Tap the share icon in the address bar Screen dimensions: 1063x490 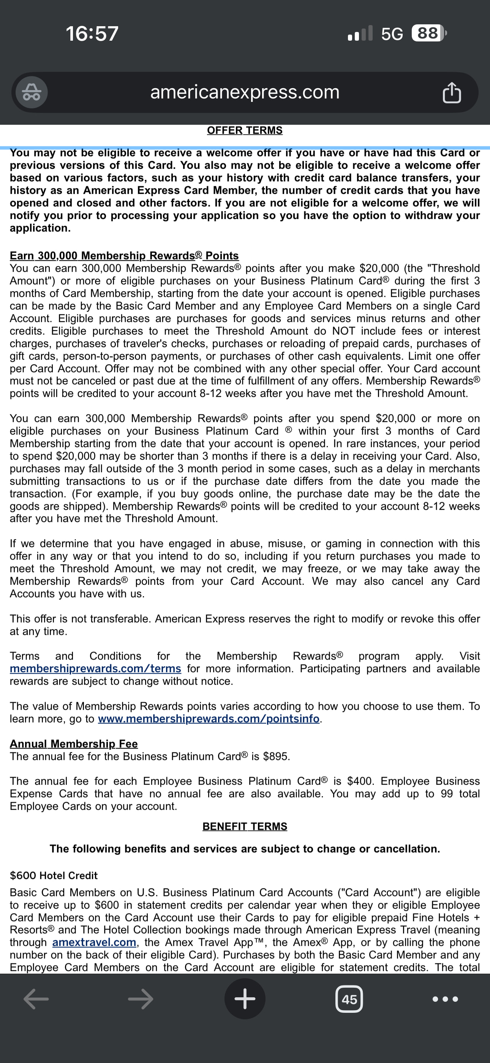pos(452,92)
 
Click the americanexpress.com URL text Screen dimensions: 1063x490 pos(245,92)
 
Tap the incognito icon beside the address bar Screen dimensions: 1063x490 pos(32,92)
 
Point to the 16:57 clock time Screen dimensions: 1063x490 pos(92,33)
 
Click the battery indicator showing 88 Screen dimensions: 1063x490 pos(428,33)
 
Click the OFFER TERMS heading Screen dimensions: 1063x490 pos(245,130)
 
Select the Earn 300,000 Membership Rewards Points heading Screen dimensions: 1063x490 pos(124,256)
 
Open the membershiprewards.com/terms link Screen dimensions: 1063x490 pos(95,668)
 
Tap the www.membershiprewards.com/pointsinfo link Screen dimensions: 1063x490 pos(209,719)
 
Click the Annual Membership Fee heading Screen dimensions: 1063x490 pos(74,744)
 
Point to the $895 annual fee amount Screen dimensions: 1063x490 pos(276,757)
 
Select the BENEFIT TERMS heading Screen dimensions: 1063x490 pos(245,826)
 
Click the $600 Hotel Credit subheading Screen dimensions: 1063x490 pos(54,875)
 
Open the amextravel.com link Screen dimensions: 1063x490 pos(94,942)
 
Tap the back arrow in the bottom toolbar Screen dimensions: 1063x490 pos(36,999)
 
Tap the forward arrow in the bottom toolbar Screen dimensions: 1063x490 pos(141,999)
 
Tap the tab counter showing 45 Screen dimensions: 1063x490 pos(349,999)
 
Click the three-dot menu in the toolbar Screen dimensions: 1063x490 pos(445,999)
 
